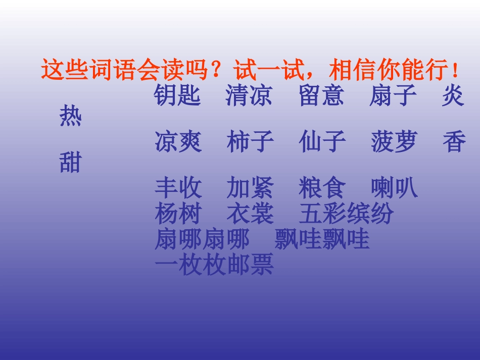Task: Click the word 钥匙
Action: coord(178,96)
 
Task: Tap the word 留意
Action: coord(322,96)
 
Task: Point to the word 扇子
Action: coord(393,96)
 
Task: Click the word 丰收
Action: coord(178,188)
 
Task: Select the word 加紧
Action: coord(250,188)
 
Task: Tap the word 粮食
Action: coord(322,188)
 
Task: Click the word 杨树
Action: coord(178,214)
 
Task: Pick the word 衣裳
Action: coord(250,214)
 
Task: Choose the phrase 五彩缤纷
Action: coord(346,214)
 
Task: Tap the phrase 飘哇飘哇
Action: coord(322,240)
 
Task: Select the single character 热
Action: coord(71,117)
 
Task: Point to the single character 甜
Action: coord(71,163)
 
